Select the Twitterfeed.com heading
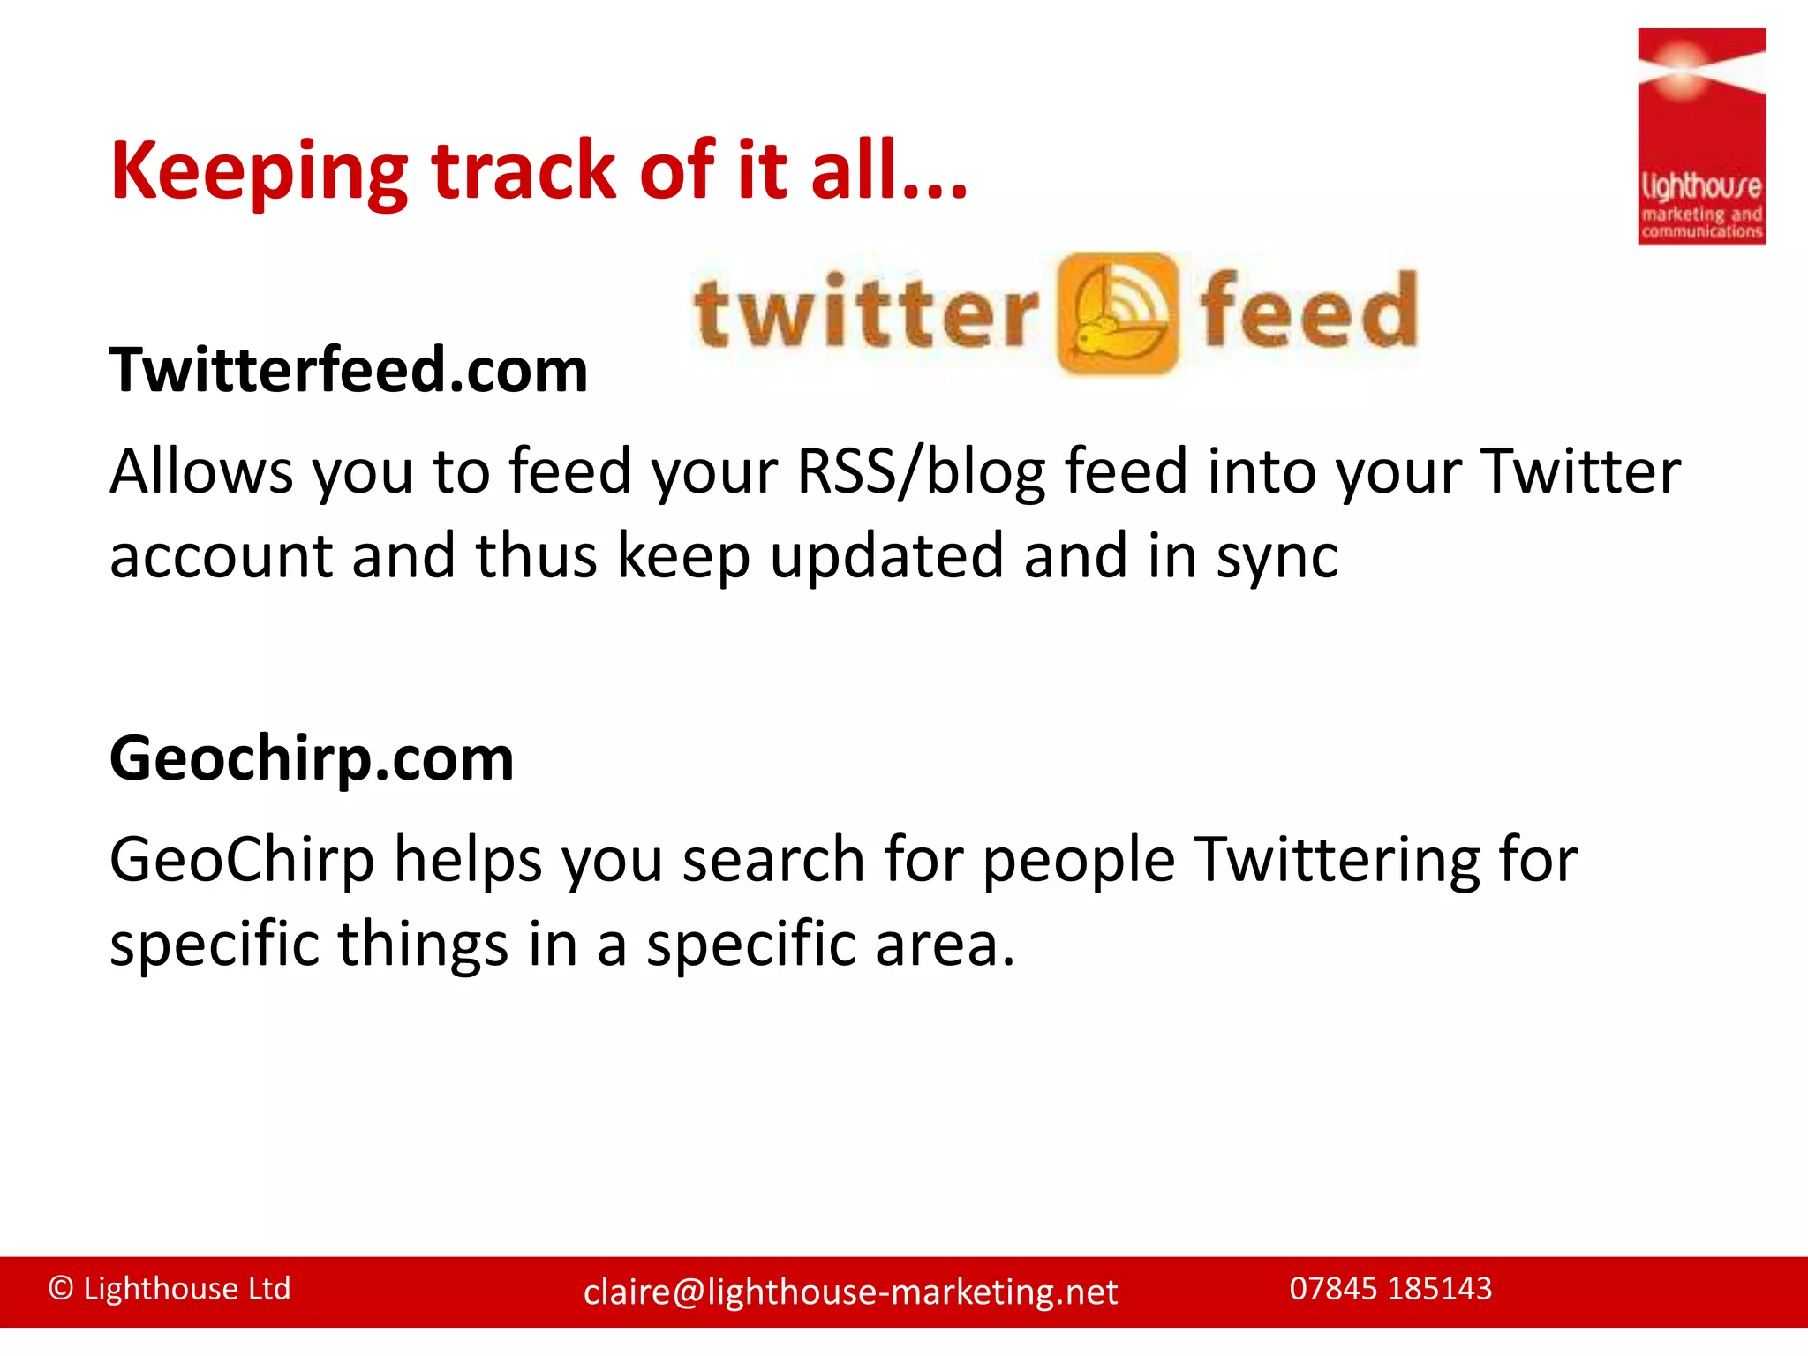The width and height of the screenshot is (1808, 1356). (x=349, y=370)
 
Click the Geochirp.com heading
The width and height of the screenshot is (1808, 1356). (x=312, y=758)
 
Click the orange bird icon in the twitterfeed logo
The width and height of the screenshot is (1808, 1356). (x=1117, y=313)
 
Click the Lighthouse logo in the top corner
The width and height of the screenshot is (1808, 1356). (x=1701, y=137)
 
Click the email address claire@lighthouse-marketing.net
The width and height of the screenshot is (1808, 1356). (x=850, y=1292)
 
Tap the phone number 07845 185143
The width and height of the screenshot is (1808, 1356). (x=1390, y=1289)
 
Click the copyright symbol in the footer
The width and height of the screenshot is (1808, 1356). (x=61, y=1289)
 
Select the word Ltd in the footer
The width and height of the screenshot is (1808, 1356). (x=269, y=1289)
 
